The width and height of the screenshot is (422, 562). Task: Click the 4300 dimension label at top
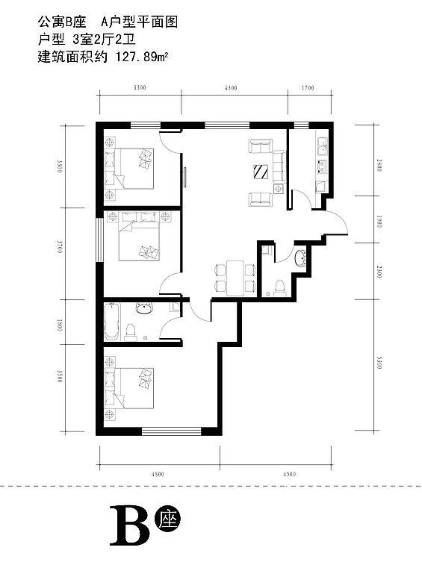pyautogui.click(x=231, y=88)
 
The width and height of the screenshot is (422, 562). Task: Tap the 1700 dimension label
pyautogui.click(x=308, y=88)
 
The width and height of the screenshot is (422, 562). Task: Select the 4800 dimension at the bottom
pyautogui.click(x=158, y=474)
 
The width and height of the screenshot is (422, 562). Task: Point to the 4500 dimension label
pyautogui.click(x=289, y=474)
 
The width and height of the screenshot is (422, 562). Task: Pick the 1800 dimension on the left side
pyautogui.click(x=60, y=325)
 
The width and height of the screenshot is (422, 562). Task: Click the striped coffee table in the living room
pyautogui.click(x=261, y=172)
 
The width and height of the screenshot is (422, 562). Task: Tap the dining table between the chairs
pyautogui.click(x=235, y=278)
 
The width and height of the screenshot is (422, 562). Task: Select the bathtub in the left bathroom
pyautogui.click(x=112, y=322)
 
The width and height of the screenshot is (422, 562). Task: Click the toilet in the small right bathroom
pyautogui.click(x=279, y=289)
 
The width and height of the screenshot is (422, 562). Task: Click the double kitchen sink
pyautogui.click(x=322, y=147)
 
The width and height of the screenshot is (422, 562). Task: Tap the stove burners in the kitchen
pyautogui.click(x=322, y=167)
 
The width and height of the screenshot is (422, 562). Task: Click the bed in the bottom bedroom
pyautogui.click(x=129, y=388)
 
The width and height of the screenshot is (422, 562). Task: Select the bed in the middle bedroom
pyautogui.click(x=139, y=236)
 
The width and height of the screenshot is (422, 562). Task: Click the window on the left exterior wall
pyautogui.click(x=99, y=240)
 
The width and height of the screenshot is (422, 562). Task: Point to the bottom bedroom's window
pyautogui.click(x=171, y=431)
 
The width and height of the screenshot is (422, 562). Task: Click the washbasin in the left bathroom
pyautogui.click(x=145, y=308)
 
